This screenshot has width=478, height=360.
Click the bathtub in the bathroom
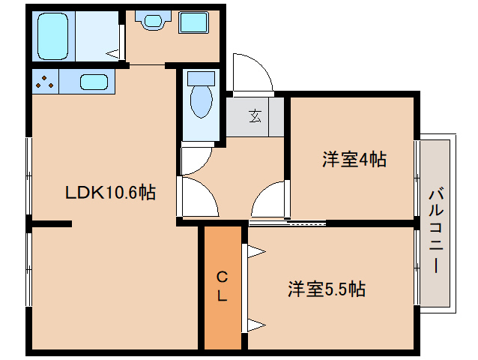click(52, 36)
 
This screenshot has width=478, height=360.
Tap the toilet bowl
click(201, 101)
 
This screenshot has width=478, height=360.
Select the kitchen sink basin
click(94, 82)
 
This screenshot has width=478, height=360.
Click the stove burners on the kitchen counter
click(44, 82)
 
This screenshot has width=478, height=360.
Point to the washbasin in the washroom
click(152, 20)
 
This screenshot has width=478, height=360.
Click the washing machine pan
click(193, 22)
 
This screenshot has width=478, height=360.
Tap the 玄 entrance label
click(255, 116)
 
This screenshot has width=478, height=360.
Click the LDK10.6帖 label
click(110, 193)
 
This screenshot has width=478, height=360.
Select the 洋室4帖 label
click(354, 159)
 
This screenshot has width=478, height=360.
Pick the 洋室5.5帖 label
click(327, 289)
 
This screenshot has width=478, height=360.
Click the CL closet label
click(223, 286)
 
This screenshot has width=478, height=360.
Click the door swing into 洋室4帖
click(261, 191)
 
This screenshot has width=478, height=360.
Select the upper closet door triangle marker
click(256, 252)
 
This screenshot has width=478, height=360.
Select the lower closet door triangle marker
click(256, 325)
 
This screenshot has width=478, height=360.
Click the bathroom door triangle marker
click(112, 54)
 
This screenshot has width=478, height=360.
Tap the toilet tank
click(201, 79)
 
